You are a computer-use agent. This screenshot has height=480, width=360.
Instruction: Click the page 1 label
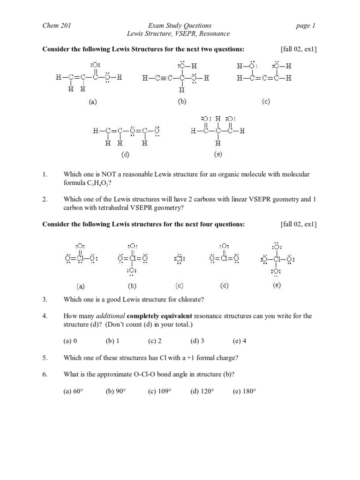(x=306, y=26)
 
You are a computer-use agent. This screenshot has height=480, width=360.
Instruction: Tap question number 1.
(x=45, y=174)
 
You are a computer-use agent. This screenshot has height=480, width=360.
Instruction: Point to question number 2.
(x=45, y=199)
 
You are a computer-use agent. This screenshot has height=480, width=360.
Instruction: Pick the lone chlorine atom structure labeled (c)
(x=179, y=258)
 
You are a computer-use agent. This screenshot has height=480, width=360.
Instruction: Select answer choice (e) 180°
(x=244, y=391)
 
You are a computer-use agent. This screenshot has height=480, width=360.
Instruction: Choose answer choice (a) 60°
(x=73, y=391)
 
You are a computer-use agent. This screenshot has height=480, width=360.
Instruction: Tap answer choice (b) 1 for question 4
(x=112, y=341)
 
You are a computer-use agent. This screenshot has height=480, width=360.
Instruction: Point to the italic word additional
(x=111, y=316)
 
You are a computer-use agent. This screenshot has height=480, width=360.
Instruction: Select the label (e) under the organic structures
(x=218, y=154)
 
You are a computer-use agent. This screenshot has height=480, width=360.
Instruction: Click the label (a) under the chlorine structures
(x=80, y=285)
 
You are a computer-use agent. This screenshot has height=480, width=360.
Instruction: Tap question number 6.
(x=45, y=374)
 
